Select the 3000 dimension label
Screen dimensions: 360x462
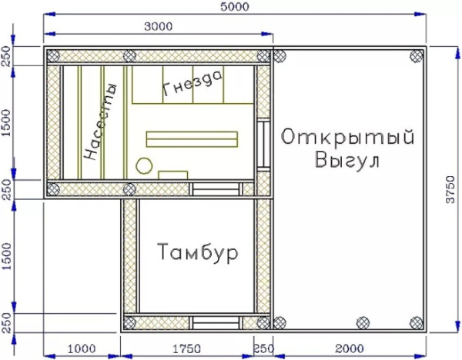coord(159,27)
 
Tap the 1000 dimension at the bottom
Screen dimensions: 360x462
coord(82,348)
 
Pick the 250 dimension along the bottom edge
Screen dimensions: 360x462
coord(263,348)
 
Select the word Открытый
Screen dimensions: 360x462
coord(348,138)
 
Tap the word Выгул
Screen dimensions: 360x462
coord(348,162)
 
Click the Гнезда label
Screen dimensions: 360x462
coord(192,82)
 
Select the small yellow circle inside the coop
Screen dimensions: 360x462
coord(143,164)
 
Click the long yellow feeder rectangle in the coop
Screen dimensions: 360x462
coord(192,138)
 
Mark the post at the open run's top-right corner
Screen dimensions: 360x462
coord(417,55)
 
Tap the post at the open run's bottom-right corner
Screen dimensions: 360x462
coord(417,322)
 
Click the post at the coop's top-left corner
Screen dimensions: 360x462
coord(53,55)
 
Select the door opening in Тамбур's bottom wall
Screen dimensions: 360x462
coord(214,323)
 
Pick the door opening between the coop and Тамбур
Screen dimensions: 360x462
coord(214,189)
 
